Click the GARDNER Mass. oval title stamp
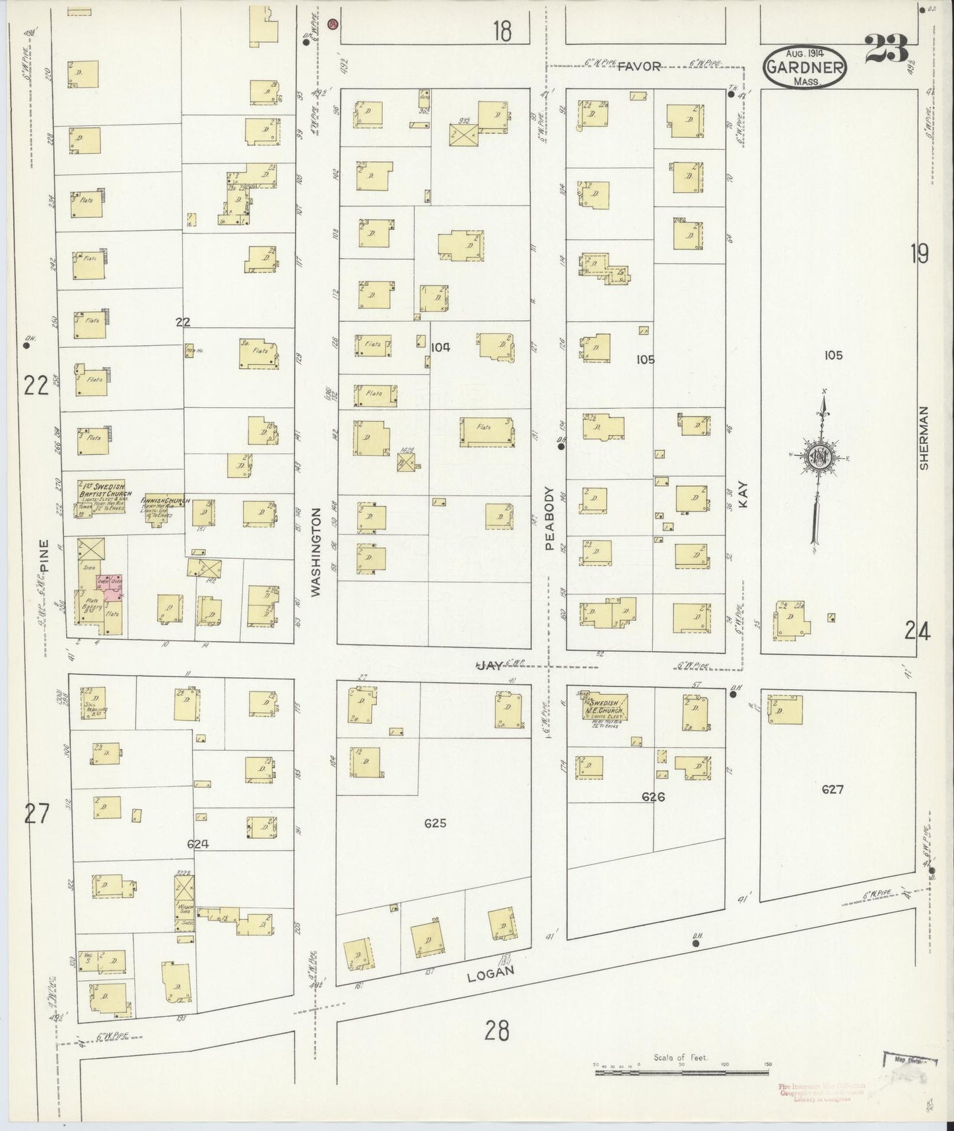point(804,67)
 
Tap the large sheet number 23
point(887,48)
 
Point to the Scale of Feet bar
point(683,1072)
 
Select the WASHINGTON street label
point(316,552)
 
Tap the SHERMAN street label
point(924,437)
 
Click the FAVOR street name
point(639,66)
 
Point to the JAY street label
point(490,666)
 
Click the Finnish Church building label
point(165,501)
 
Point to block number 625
point(436,823)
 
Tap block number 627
point(833,789)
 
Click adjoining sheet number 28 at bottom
point(497,1029)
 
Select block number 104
point(440,348)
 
